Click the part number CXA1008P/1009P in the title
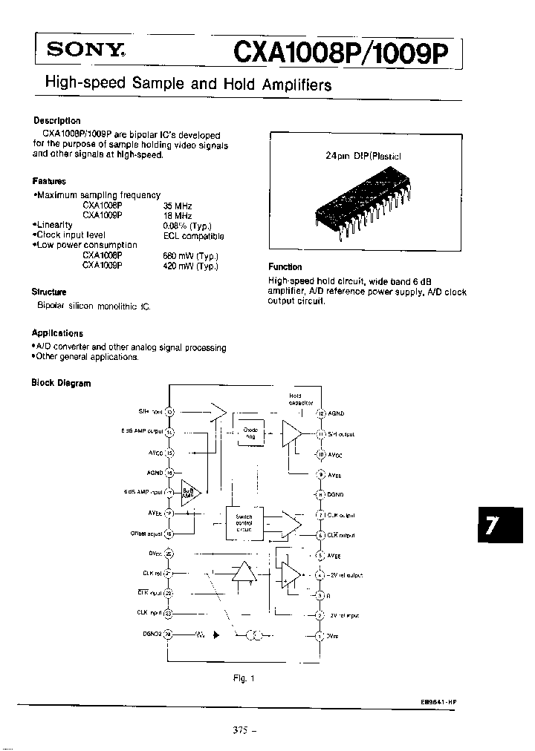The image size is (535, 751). (x=341, y=53)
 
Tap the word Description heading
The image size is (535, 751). (x=57, y=121)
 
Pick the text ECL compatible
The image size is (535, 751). (x=193, y=236)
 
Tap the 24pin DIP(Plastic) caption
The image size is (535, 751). (x=362, y=157)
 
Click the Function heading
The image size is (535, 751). (x=285, y=267)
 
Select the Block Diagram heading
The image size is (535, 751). (x=61, y=384)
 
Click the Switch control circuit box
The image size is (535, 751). (x=244, y=522)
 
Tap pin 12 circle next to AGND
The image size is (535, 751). (x=320, y=413)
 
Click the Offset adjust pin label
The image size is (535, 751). (x=146, y=533)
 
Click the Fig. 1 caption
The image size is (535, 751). (x=244, y=678)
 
